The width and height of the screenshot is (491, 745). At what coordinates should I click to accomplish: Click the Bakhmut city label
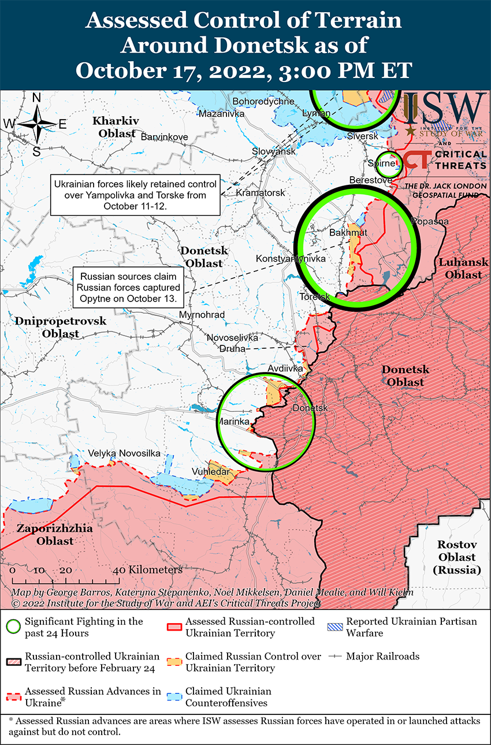[348, 233]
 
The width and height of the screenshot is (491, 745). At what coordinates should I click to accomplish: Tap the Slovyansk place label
[273, 151]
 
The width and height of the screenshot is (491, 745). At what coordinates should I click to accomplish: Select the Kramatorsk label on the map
[261, 192]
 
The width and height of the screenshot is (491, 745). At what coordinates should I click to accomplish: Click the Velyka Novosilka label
[124, 453]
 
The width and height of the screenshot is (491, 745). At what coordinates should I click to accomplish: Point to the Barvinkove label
[164, 137]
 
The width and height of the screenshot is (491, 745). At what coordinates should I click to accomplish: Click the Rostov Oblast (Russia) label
[456, 557]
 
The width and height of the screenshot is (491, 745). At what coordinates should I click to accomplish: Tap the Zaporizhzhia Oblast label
[46, 535]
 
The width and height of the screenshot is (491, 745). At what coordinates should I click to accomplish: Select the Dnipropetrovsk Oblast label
[61, 327]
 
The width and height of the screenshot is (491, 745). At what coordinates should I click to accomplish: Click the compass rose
[36, 124]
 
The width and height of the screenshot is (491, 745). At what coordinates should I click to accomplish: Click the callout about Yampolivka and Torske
[136, 195]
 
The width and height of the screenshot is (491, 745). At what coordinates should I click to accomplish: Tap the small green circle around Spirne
[389, 163]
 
